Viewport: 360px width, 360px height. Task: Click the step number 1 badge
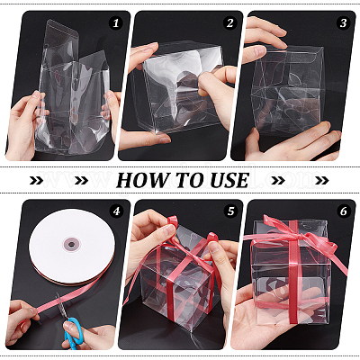(116, 22)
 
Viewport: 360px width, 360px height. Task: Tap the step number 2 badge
(229, 22)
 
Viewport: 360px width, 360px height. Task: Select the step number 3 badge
(343, 22)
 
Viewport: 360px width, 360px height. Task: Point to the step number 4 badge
(116, 211)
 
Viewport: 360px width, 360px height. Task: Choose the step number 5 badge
(230, 211)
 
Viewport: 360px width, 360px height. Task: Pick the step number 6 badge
(344, 211)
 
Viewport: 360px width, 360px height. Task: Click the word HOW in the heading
(143, 180)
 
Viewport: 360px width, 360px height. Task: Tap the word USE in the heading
(229, 180)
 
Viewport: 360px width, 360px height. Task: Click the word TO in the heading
(188, 180)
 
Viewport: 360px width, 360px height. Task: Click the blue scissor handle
(73, 332)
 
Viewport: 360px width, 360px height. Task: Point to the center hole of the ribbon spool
(71, 244)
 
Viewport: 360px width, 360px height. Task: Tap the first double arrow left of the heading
(37, 180)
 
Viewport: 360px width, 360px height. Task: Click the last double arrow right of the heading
(322, 180)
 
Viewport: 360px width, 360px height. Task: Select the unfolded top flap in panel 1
(61, 39)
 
